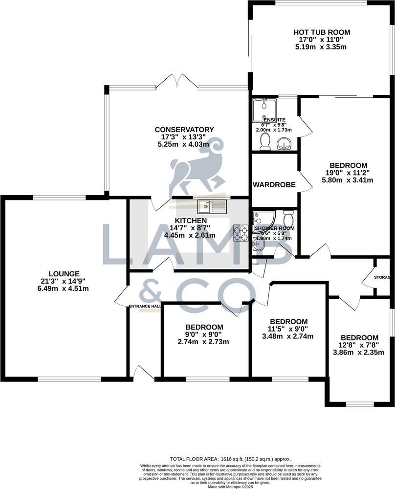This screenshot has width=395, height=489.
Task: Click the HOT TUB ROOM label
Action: pos(323,32)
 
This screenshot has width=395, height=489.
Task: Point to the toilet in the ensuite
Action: pos(265,141)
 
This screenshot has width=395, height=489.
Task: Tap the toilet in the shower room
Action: pos(288,216)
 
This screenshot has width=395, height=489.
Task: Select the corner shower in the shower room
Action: pos(264,219)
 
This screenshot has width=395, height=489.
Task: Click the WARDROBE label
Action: pos(274,185)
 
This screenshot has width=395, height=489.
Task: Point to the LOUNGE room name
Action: pos(64,273)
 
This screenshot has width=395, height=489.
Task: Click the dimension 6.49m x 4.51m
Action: pos(64,289)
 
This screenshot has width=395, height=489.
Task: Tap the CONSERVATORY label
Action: pos(184,130)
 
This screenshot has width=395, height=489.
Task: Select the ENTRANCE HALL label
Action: pos(145,306)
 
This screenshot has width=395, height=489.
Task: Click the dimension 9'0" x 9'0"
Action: pos(204,334)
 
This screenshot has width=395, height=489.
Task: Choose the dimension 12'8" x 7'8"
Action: pos(359,345)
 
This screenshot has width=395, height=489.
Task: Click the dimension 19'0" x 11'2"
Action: pos(349,173)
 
